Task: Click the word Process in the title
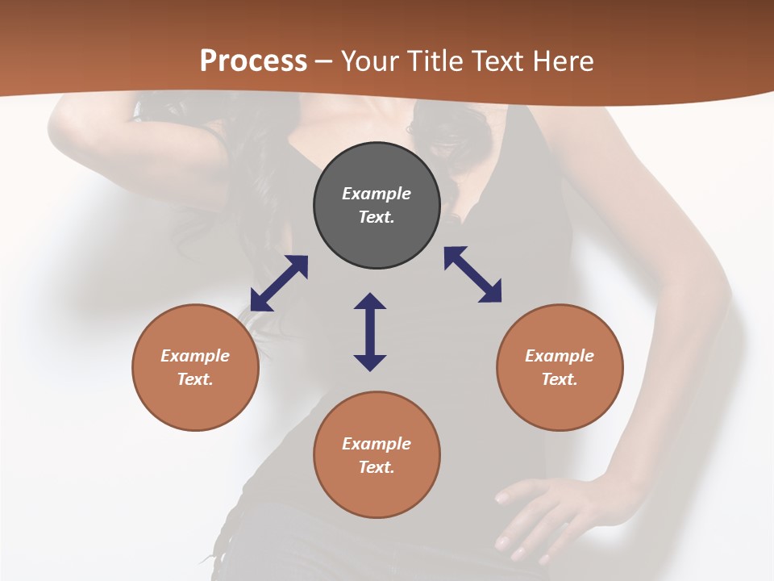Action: pyautogui.click(x=253, y=61)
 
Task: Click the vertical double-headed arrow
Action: pyautogui.click(x=370, y=332)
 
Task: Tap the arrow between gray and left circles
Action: pyautogui.click(x=279, y=283)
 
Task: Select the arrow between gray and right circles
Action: pyautogui.click(x=472, y=274)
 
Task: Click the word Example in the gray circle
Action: pyautogui.click(x=377, y=194)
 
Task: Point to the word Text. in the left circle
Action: pyautogui.click(x=195, y=379)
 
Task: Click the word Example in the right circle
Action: pyautogui.click(x=560, y=356)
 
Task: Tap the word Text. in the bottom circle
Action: pyautogui.click(x=377, y=467)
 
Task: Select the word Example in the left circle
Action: pyautogui.click(x=195, y=356)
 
